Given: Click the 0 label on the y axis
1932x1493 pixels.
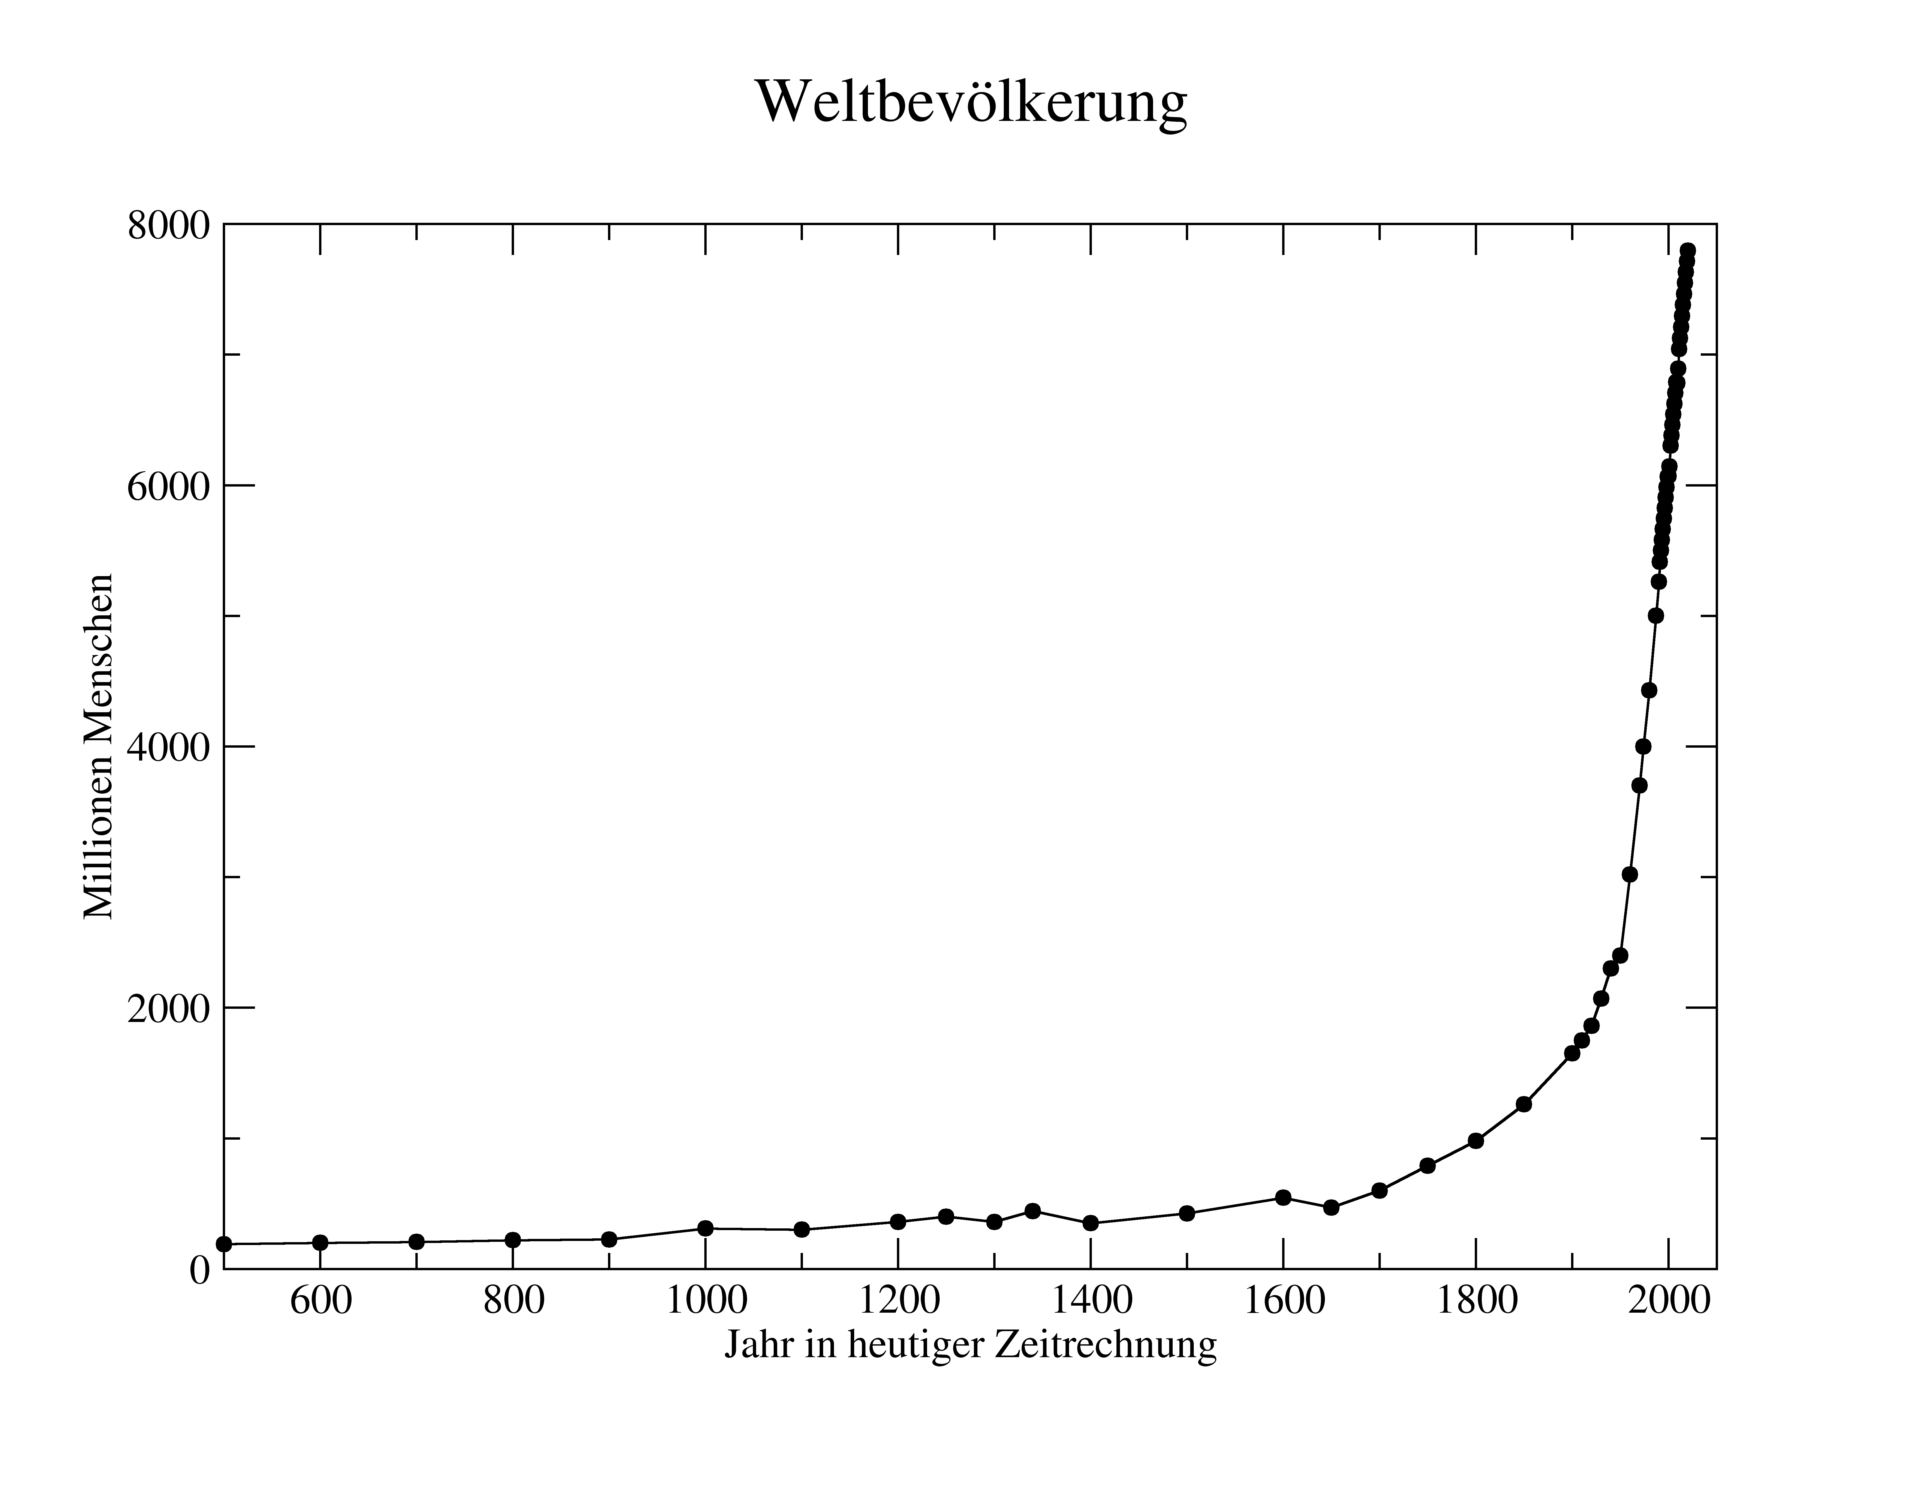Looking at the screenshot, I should pyautogui.click(x=200, y=1270).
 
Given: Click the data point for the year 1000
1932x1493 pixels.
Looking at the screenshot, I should pyautogui.click(x=705, y=1229).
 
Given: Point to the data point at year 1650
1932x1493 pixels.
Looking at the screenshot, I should pyautogui.click(x=1331, y=1207).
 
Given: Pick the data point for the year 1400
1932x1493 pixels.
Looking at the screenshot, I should pyautogui.click(x=1091, y=1223).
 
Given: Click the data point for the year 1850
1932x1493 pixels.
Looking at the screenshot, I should pyautogui.click(x=1523, y=1104).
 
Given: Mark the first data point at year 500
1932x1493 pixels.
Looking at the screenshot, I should pyautogui.click(x=224, y=1244).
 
